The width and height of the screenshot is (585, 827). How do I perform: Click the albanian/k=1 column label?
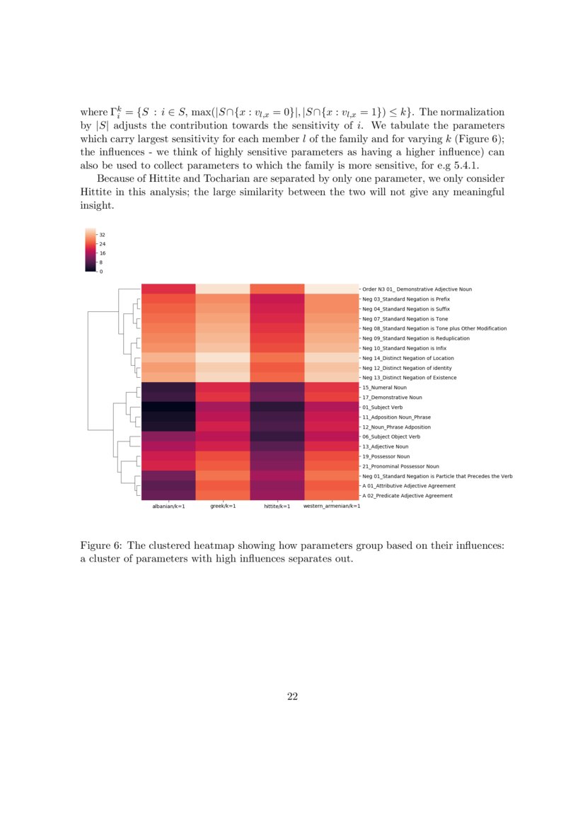click(168, 507)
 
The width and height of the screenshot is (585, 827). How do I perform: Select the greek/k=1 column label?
click(223, 507)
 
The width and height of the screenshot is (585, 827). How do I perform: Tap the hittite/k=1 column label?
click(277, 507)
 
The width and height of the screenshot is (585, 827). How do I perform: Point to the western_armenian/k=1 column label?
click(331, 507)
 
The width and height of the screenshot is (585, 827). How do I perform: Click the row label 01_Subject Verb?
click(383, 407)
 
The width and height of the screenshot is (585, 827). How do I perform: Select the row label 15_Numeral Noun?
click(384, 388)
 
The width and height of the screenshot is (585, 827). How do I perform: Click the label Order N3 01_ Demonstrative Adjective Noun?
click(417, 289)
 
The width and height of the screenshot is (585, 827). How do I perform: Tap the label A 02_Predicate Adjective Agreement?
click(407, 496)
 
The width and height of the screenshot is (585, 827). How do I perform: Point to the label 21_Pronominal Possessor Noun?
click(400, 466)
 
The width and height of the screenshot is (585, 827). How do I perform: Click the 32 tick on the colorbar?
click(102, 234)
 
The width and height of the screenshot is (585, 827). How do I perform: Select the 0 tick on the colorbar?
click(100, 271)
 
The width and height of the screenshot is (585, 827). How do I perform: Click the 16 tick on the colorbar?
click(102, 253)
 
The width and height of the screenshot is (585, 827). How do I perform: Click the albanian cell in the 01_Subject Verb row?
click(168, 407)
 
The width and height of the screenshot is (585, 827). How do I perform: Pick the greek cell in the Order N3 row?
click(223, 289)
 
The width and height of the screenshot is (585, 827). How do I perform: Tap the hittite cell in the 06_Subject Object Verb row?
click(277, 436)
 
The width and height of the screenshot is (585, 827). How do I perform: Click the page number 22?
click(292, 697)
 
